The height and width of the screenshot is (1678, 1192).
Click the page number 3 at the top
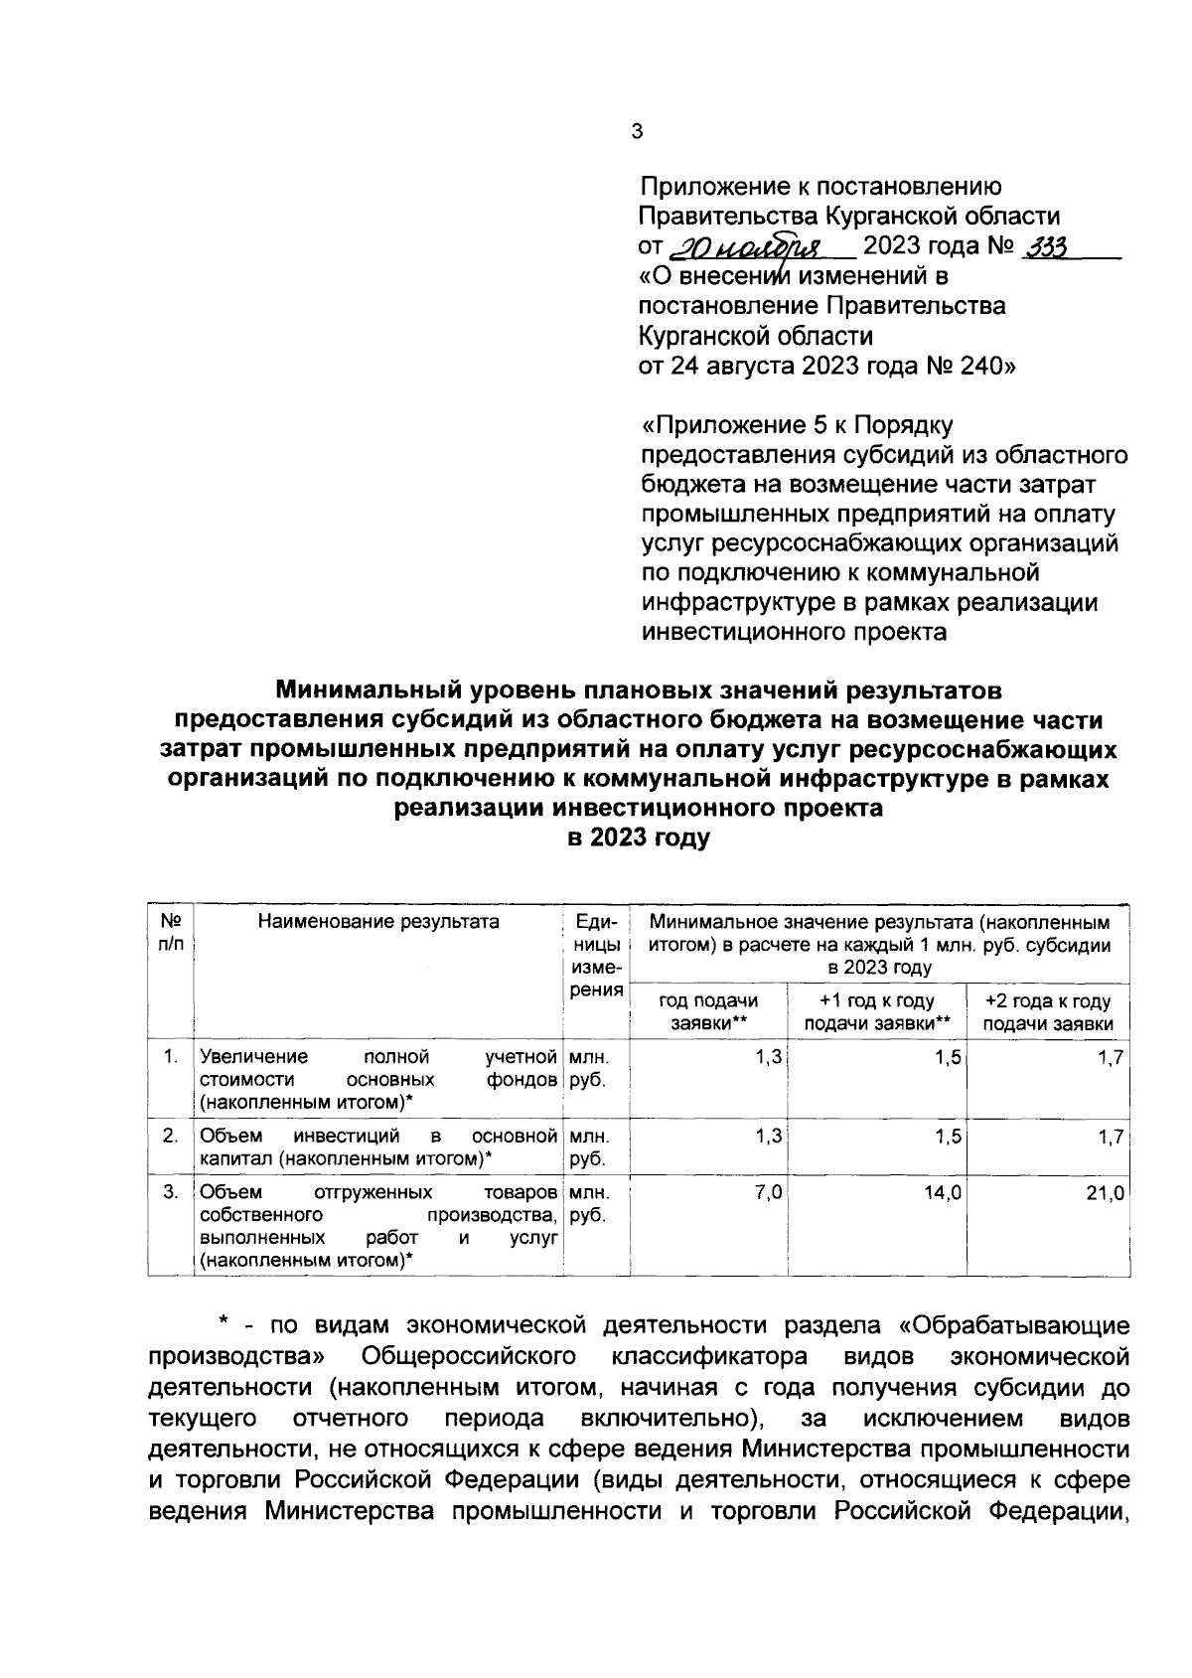pyautogui.click(x=637, y=131)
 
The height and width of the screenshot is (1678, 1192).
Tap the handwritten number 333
pyautogui.click(x=1044, y=247)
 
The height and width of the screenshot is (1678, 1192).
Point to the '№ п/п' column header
pyautogui.click(x=170, y=932)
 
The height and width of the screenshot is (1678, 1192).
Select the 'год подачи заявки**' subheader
pyautogui.click(x=707, y=1012)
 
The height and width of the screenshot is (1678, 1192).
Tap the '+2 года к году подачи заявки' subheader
pyautogui.click(x=1047, y=1012)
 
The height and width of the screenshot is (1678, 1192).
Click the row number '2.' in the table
pyautogui.click(x=171, y=1136)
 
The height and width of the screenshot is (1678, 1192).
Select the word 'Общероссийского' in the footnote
pyautogui.click(x=471, y=1356)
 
